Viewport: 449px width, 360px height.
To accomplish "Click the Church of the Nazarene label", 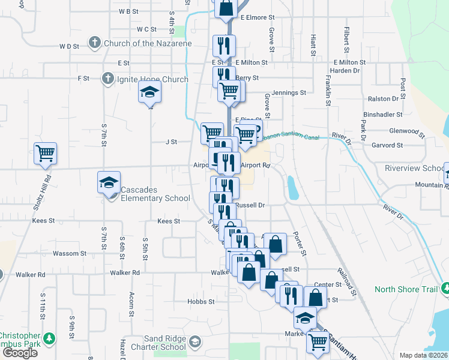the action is (x=148, y=43).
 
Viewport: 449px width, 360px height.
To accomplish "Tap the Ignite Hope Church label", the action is (x=152, y=79).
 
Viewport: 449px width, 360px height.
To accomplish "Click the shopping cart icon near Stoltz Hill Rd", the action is (x=45, y=154).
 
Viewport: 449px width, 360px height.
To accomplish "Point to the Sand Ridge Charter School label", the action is (x=157, y=343).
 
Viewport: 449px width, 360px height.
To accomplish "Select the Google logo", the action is (x=19, y=352).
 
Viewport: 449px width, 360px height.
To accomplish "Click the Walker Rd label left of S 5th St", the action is (x=125, y=273).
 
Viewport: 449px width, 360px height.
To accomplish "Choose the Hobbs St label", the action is (x=201, y=301).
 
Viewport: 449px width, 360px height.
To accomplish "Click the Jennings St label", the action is (x=289, y=93).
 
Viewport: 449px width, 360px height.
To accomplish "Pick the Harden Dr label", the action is (x=345, y=70).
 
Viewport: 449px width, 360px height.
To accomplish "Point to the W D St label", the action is (x=69, y=46).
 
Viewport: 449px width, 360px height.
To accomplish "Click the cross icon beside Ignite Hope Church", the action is (x=107, y=79).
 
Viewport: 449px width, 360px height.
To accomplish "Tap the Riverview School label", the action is (x=415, y=169).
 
